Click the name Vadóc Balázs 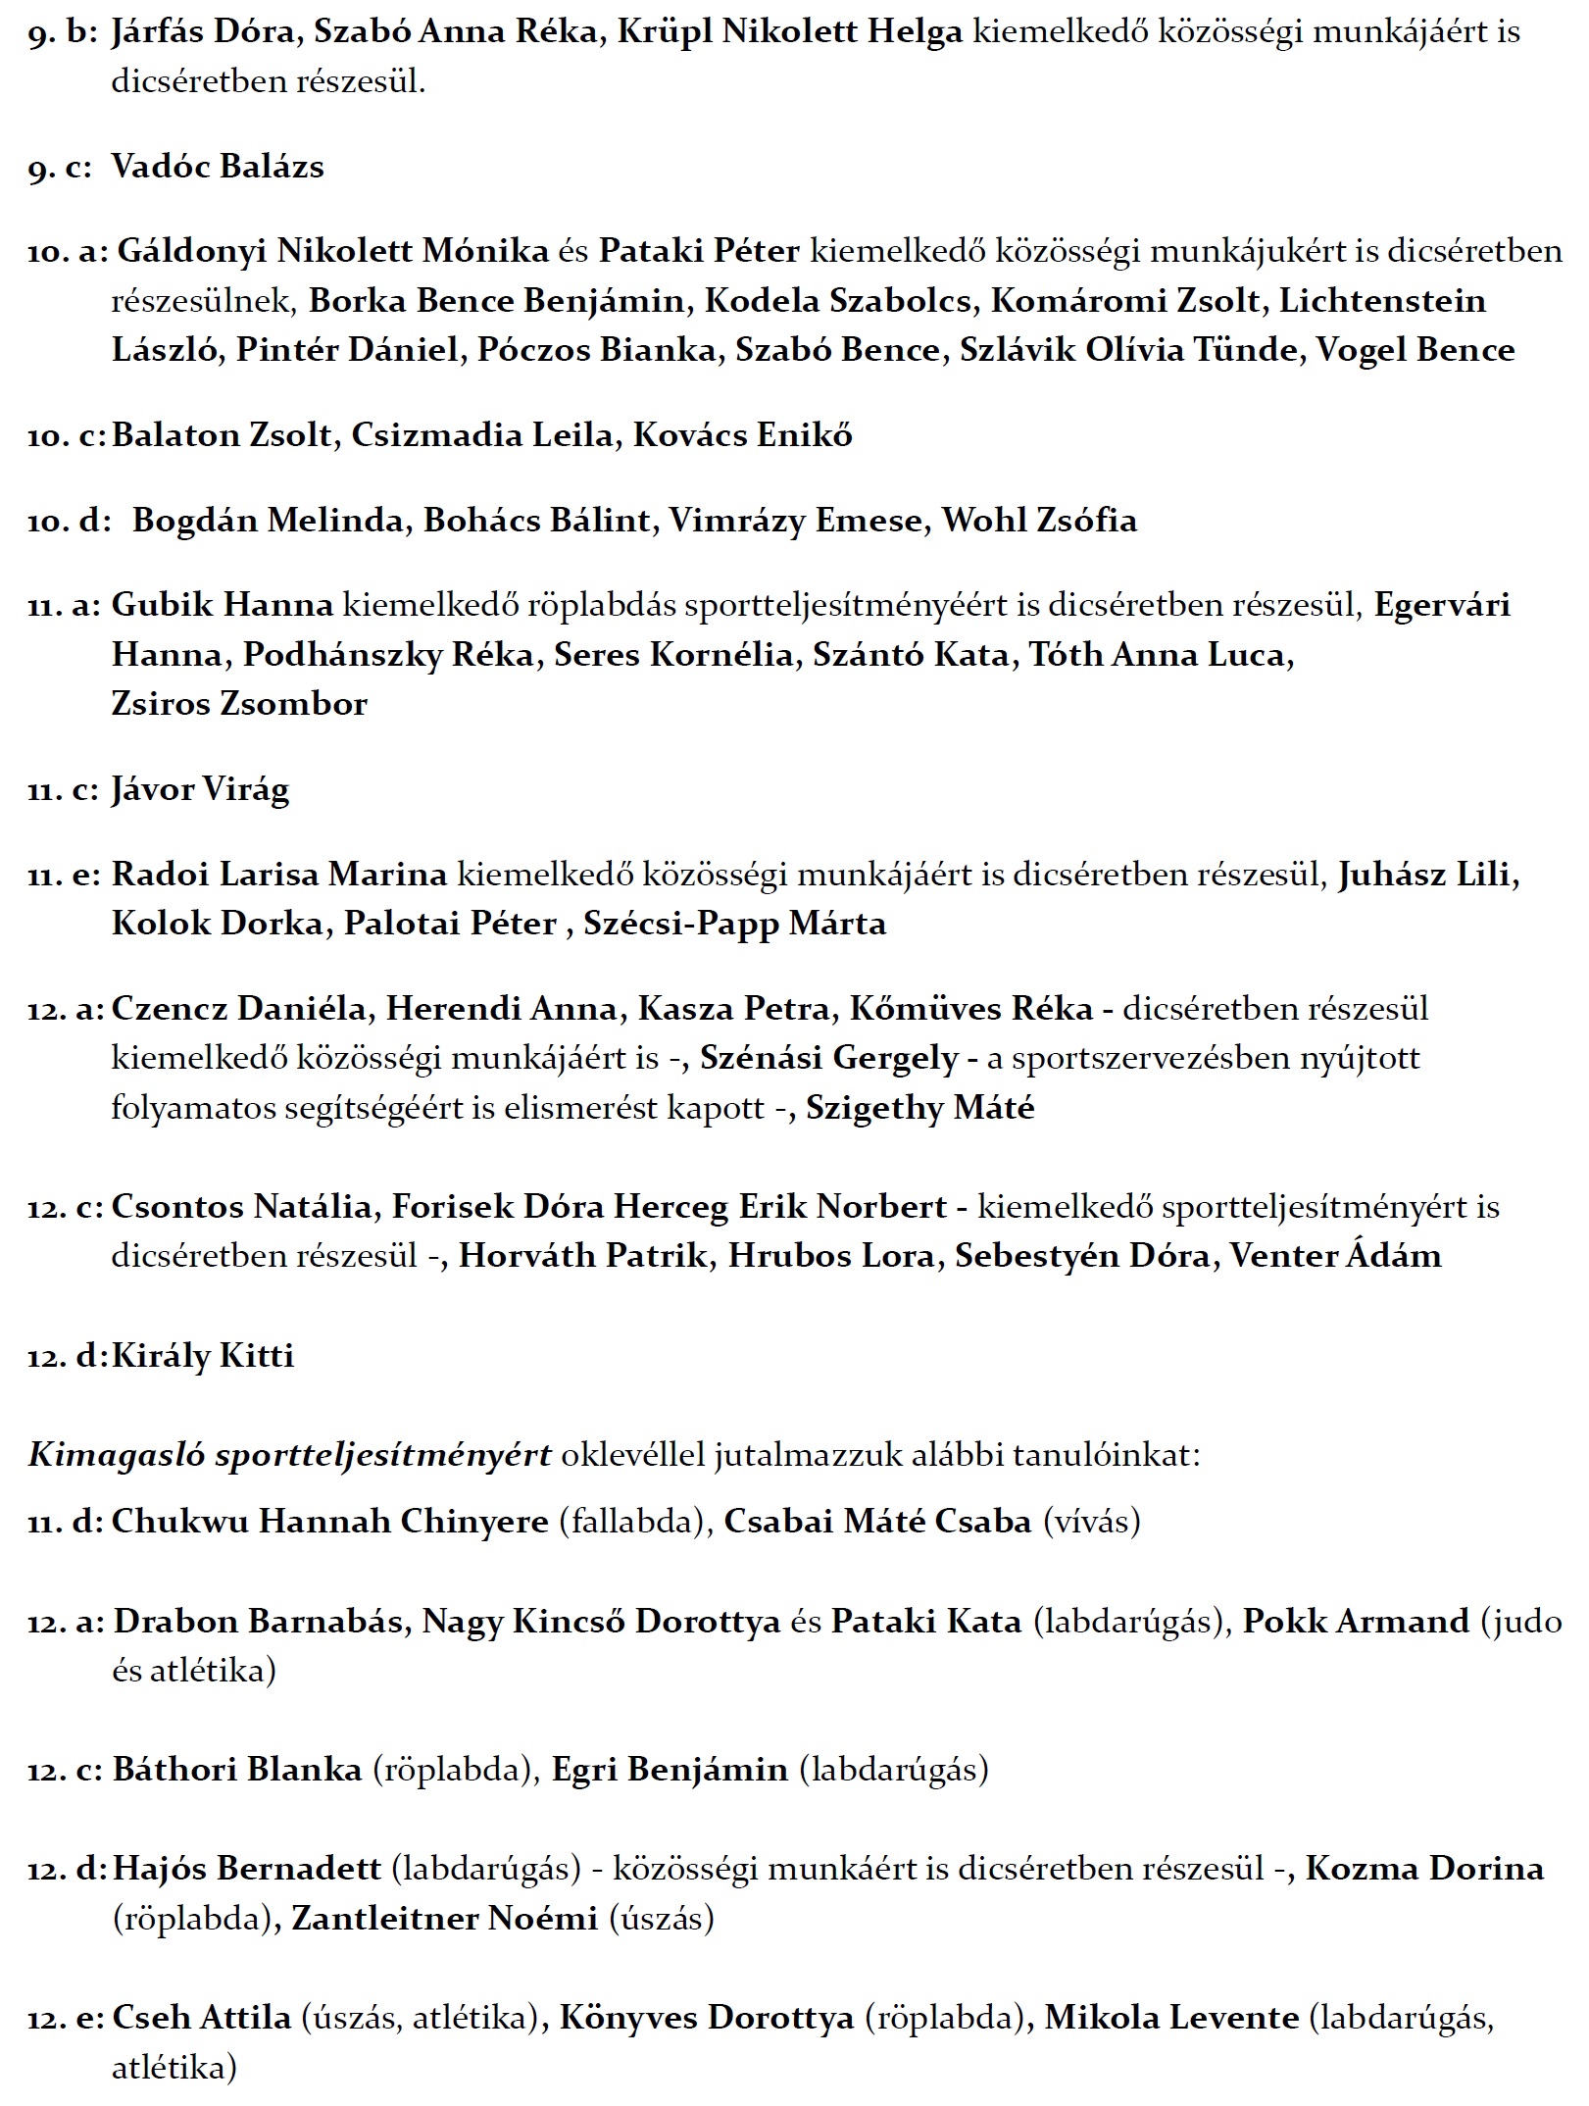coord(217,167)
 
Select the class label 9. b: coord(63,32)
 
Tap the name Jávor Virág coord(200,789)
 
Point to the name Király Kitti coord(203,1356)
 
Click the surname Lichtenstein coord(1382,301)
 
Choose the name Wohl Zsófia coord(1039,521)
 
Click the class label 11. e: coord(64,875)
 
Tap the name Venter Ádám coord(1335,1257)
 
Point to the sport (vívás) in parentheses coord(1092,1522)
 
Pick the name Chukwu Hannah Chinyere coord(329,1522)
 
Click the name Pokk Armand coord(1356,1622)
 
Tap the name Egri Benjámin coord(670,1770)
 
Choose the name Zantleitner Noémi coord(444,1919)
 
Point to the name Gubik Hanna coord(223,605)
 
